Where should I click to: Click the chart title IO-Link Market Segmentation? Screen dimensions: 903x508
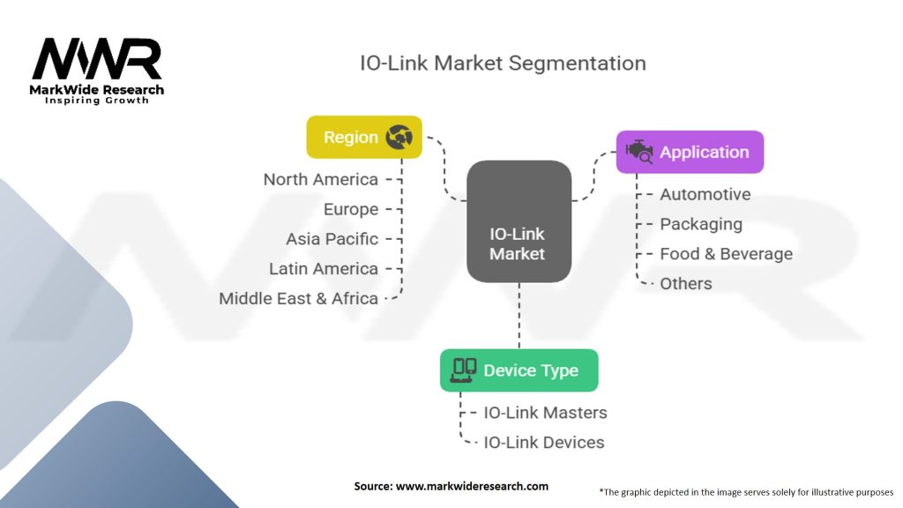tap(503, 63)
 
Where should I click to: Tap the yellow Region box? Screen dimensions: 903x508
tap(364, 137)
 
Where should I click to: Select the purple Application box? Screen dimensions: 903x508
tap(690, 152)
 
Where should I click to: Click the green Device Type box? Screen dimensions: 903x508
tap(519, 370)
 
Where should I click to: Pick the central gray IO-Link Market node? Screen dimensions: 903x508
tap(519, 221)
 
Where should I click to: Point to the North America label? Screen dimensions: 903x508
tap(321, 180)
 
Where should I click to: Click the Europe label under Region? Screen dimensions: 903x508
tap(351, 210)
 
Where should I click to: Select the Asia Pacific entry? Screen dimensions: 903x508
tap(332, 239)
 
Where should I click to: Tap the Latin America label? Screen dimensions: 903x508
tap(324, 269)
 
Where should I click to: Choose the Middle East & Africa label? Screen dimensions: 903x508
tap(298, 298)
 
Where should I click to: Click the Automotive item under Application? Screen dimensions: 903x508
tap(705, 195)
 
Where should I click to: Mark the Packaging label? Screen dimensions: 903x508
tap(701, 225)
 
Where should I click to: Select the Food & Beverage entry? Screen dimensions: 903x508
tap(727, 254)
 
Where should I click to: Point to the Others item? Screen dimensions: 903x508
tap(686, 284)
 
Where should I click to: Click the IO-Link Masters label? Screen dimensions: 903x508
tap(545, 413)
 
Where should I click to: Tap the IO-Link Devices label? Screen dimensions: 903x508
tap(544, 443)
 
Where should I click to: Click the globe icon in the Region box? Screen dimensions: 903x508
tap(399, 137)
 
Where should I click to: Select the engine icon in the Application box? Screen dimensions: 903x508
tap(639, 152)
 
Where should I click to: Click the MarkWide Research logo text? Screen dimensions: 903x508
tap(97, 90)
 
